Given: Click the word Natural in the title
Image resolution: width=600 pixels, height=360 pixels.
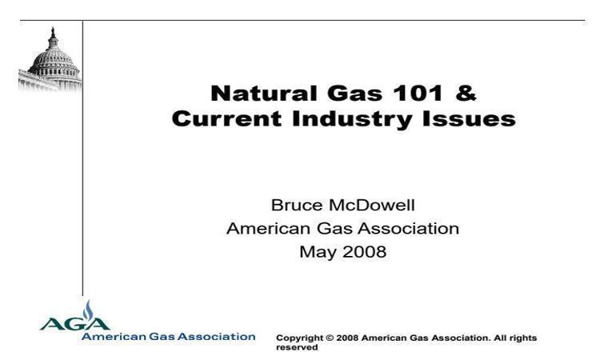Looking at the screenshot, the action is coord(264,94).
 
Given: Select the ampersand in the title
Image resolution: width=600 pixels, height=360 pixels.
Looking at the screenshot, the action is coord(466,94).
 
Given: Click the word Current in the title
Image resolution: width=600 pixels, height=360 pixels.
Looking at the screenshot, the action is coord(226,118).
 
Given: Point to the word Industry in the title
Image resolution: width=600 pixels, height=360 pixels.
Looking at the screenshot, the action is coord(352,120).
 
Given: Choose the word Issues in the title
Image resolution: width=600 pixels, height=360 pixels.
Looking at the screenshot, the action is coord(469,118).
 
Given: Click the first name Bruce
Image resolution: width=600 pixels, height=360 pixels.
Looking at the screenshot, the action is coord(297,205).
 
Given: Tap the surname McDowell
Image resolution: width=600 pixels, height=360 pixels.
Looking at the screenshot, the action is coord(371,205).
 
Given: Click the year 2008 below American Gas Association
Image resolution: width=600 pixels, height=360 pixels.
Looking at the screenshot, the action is coord(364,252).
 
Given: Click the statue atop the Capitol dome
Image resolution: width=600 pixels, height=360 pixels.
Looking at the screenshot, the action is coord(53,31).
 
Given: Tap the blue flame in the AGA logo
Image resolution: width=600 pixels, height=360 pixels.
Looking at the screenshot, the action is coord(88,310).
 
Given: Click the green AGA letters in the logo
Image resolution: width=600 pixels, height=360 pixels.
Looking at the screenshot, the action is coord(75,324).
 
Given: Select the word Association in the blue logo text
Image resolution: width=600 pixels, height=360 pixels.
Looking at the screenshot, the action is coord(217,337).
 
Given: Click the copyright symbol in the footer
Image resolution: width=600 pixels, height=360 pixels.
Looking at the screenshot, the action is coord(330,338).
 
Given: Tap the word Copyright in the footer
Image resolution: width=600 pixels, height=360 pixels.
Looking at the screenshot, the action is coord(300,338).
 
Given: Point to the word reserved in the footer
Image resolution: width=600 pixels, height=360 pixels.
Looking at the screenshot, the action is coord(297,348).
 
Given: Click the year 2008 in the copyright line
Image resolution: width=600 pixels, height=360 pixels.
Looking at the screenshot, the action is coord(347,338).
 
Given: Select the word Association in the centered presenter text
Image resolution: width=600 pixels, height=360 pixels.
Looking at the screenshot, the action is coord(408,228).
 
